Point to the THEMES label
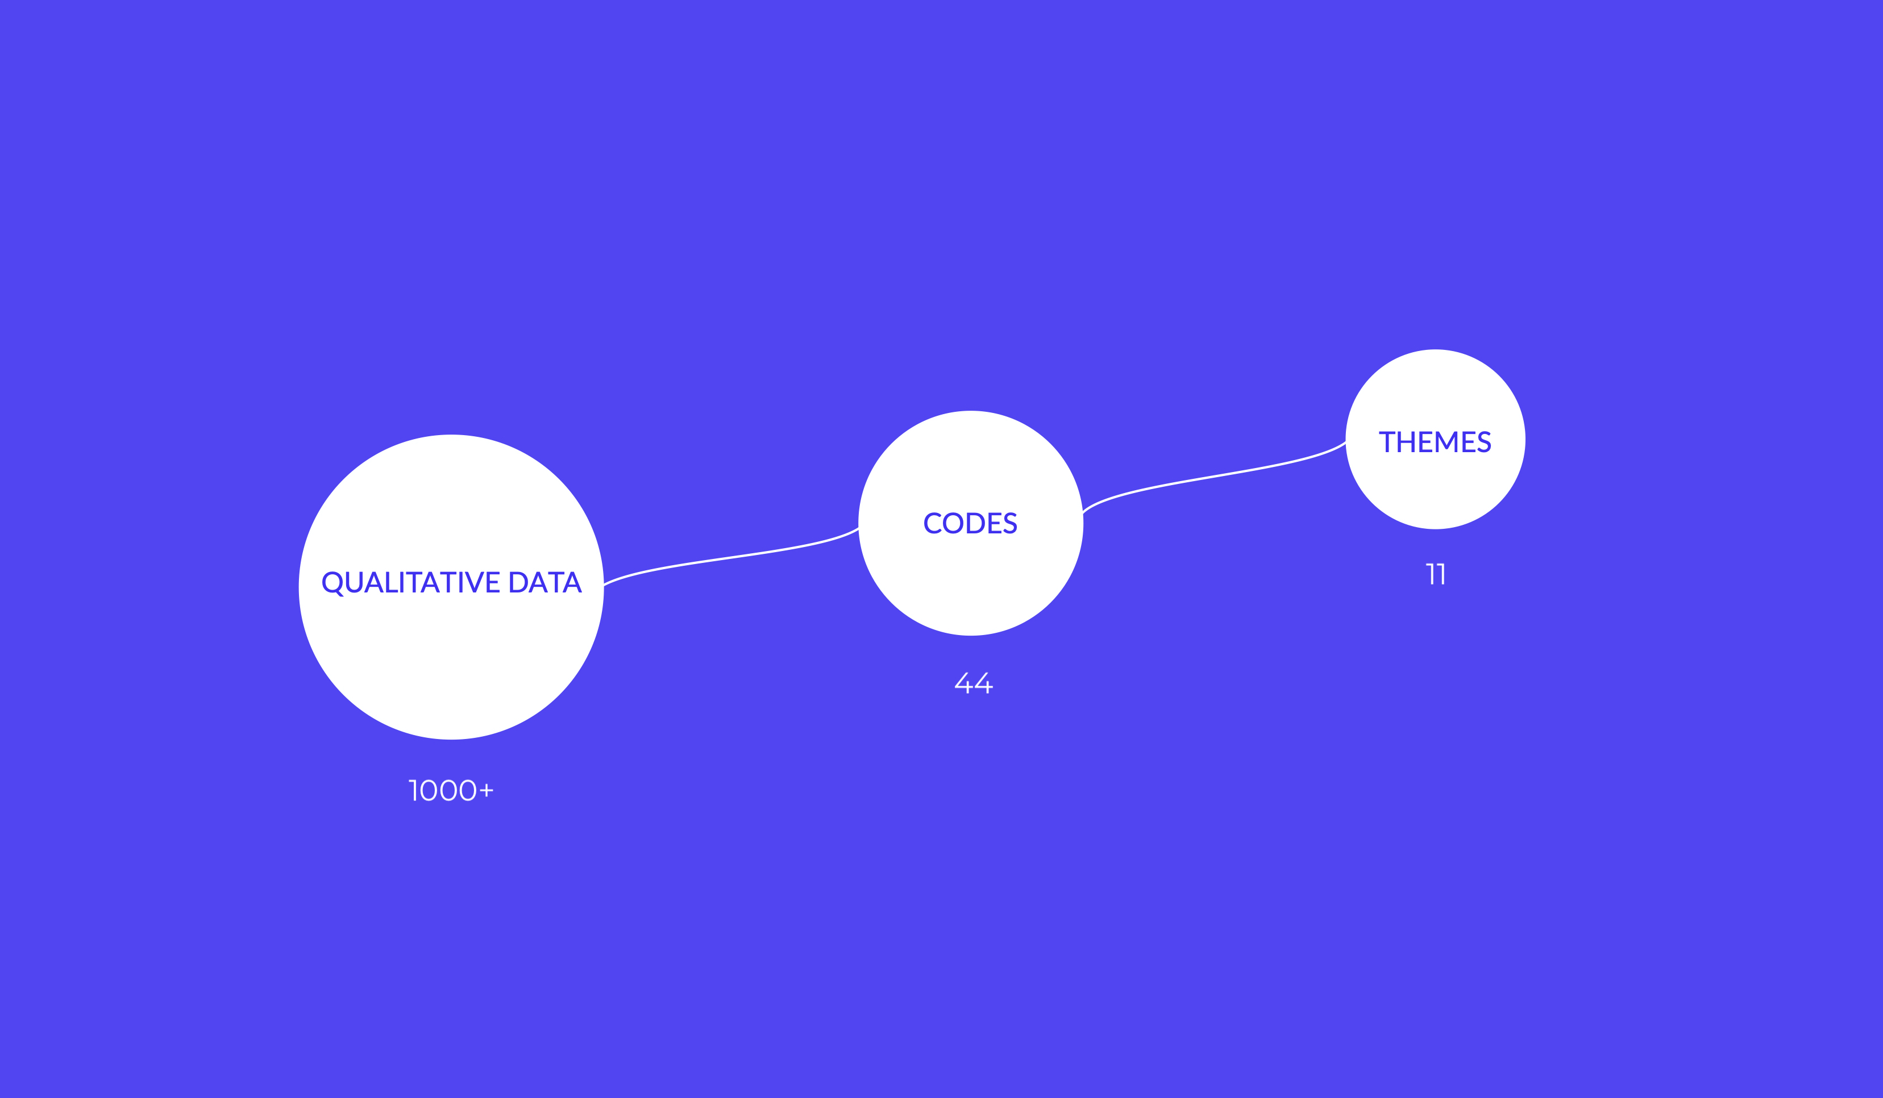click(1435, 441)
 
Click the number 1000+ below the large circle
click(451, 790)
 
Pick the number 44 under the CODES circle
click(974, 683)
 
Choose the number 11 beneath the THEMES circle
click(1436, 574)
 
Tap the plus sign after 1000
click(487, 790)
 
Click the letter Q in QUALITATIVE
click(332, 583)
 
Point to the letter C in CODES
click(933, 523)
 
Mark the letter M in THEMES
click(1446, 441)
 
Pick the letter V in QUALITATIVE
click(475, 582)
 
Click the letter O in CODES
click(953, 523)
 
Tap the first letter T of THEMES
click(1387, 441)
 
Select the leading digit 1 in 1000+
click(413, 790)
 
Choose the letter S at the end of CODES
click(1010, 523)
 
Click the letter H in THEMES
click(1406, 441)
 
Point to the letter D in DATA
click(518, 582)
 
